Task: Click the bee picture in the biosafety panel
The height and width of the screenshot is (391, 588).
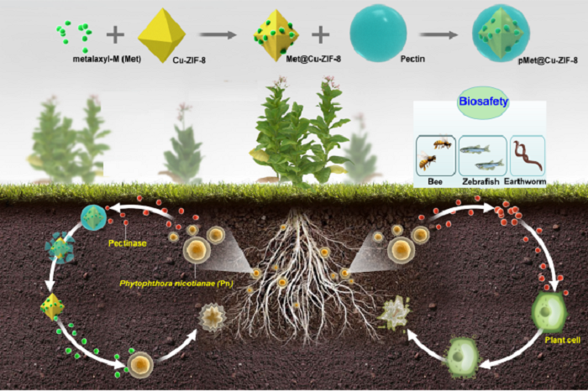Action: (x=435, y=154)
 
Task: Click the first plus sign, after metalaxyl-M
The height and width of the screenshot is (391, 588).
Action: (x=116, y=35)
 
